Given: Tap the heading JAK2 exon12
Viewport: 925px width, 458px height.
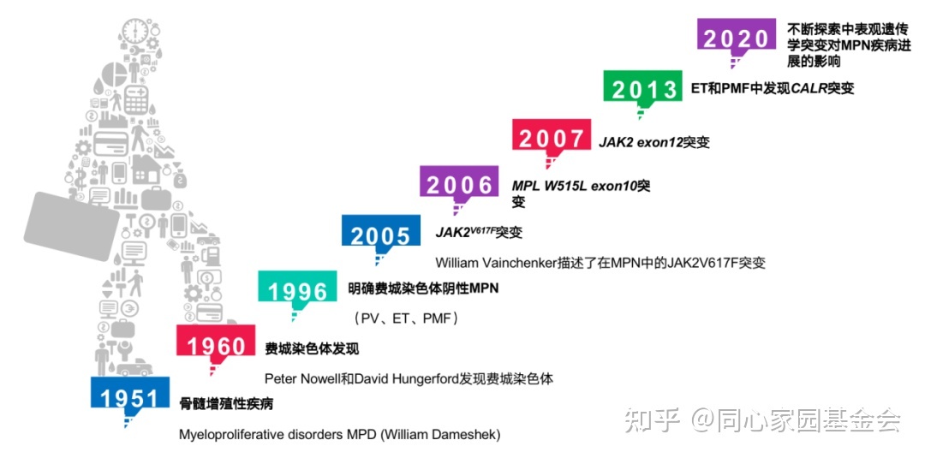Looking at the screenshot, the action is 640,142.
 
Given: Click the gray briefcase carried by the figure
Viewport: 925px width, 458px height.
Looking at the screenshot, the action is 71,225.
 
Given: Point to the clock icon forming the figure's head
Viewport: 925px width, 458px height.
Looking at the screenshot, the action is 134,30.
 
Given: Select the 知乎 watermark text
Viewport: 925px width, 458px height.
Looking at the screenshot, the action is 649,419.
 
